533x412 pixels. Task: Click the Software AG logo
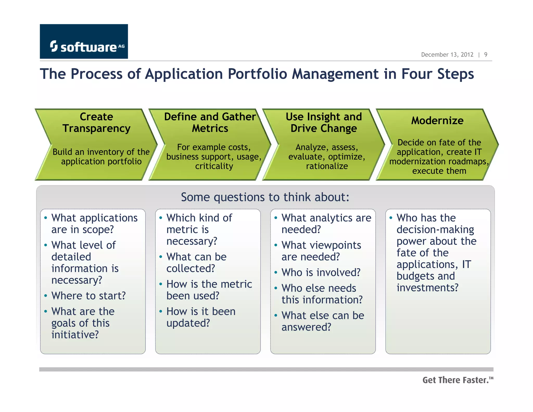[x=84, y=42]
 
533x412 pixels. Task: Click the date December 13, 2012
[x=447, y=55]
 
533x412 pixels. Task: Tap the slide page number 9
[x=486, y=55]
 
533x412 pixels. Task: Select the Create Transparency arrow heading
[x=96, y=122]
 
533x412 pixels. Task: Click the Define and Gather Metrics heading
[x=210, y=122]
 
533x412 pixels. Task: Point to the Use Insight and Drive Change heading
[x=324, y=122]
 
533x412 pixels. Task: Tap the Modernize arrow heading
[x=437, y=121]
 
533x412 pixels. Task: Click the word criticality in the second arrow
[x=214, y=166]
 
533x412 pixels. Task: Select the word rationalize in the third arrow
[x=327, y=166]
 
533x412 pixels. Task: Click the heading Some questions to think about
[x=265, y=197]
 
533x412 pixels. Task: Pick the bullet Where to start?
[x=88, y=296]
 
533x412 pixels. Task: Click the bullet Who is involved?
[x=321, y=272]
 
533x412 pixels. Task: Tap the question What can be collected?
[x=196, y=263]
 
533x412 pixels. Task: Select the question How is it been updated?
[x=201, y=317]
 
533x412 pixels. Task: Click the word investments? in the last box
[x=427, y=288]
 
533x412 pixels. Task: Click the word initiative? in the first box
[x=75, y=335]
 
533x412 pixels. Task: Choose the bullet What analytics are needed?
[x=326, y=223]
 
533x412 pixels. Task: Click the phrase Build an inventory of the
[x=101, y=152]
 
